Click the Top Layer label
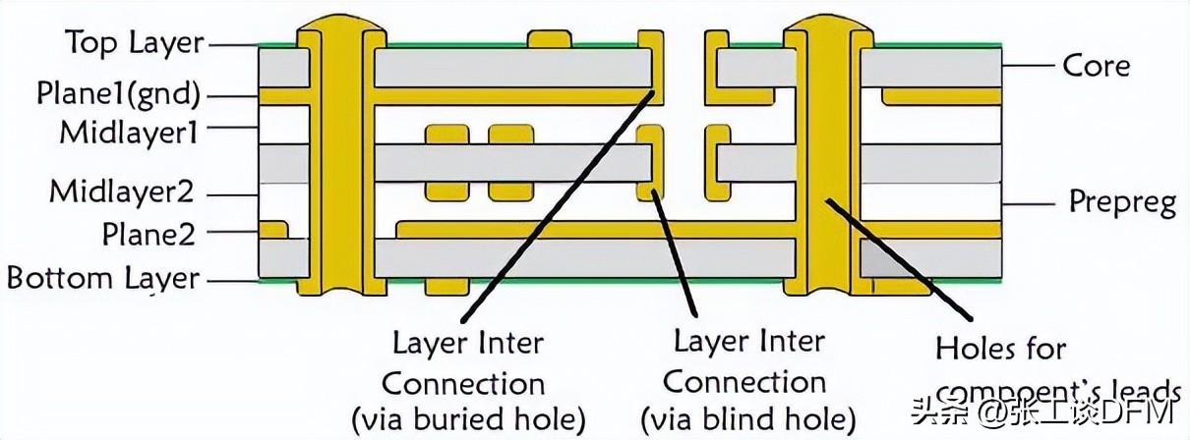tap(134, 43)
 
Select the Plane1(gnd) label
tap(118, 94)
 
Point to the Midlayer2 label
tap(121, 190)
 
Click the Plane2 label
tap(149, 234)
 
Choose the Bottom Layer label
tap(103, 278)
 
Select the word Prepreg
tap(1122, 202)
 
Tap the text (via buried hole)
tap(468, 418)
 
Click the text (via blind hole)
tap(747, 418)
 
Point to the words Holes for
tap(1000, 348)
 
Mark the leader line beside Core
tap(1030, 66)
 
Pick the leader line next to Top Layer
tap(234, 44)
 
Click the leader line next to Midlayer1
tap(234, 128)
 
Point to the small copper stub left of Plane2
tap(273, 229)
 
